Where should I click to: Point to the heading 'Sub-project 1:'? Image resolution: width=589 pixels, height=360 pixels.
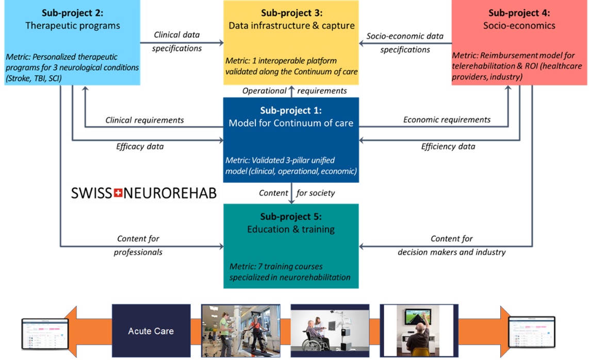tap(291, 110)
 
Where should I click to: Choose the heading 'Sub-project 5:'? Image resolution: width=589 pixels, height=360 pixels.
tap(291, 217)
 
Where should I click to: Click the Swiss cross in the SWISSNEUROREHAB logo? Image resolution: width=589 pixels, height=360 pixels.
tap(118, 193)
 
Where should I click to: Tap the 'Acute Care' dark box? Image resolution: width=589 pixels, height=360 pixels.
tap(151, 331)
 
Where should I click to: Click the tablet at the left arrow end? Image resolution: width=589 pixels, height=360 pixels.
tap(44, 333)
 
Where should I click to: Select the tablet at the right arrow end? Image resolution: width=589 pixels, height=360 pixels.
tap(532, 332)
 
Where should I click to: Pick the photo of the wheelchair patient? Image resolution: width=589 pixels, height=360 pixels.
tap(330, 330)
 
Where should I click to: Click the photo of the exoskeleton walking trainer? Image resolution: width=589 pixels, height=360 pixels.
tap(240, 330)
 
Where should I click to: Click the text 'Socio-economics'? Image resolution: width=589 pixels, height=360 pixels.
tap(519, 25)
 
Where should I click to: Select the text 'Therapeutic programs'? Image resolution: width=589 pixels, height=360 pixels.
tap(72, 25)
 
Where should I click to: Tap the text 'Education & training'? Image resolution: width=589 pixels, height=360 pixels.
tap(291, 229)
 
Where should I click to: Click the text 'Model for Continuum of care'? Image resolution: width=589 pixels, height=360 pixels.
tap(291, 123)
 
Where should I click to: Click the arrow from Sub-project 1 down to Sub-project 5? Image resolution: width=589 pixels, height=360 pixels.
tap(291, 193)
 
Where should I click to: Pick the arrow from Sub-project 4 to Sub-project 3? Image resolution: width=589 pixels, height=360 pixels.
tap(405, 43)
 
